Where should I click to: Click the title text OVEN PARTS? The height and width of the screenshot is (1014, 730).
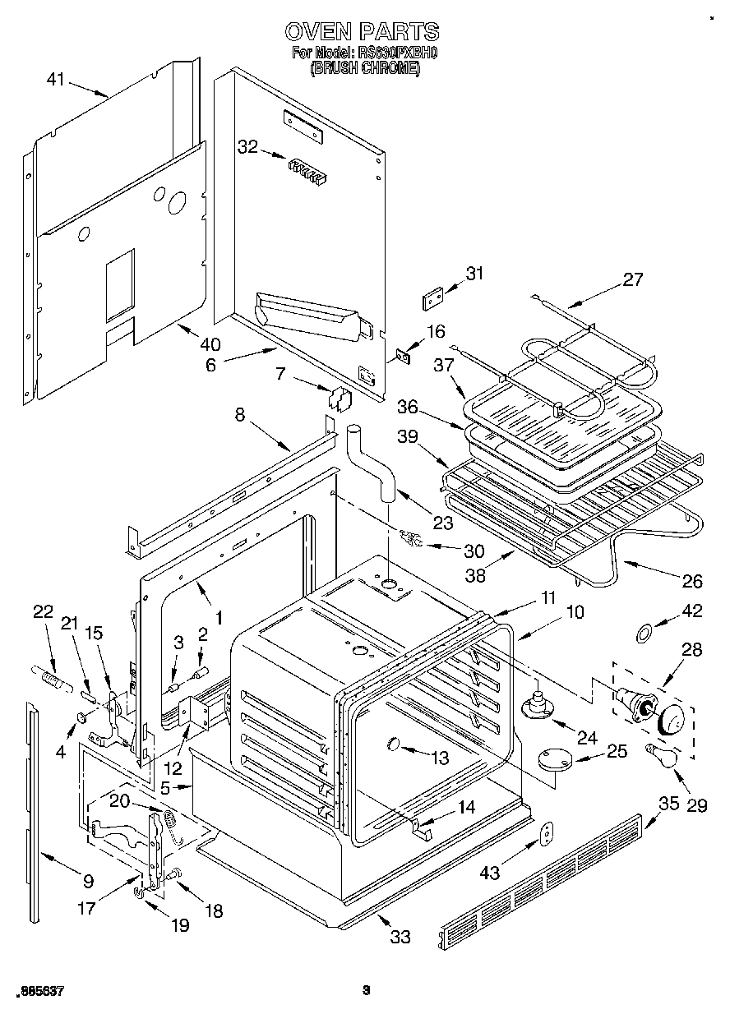tap(362, 32)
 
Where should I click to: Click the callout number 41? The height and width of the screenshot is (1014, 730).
tap(56, 80)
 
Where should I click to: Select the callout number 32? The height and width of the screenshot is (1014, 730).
tap(247, 147)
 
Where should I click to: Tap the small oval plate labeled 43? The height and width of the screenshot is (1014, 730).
tap(545, 833)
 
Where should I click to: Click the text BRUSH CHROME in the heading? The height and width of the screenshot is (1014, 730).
tap(364, 70)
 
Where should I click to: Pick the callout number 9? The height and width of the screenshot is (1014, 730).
tap(88, 883)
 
